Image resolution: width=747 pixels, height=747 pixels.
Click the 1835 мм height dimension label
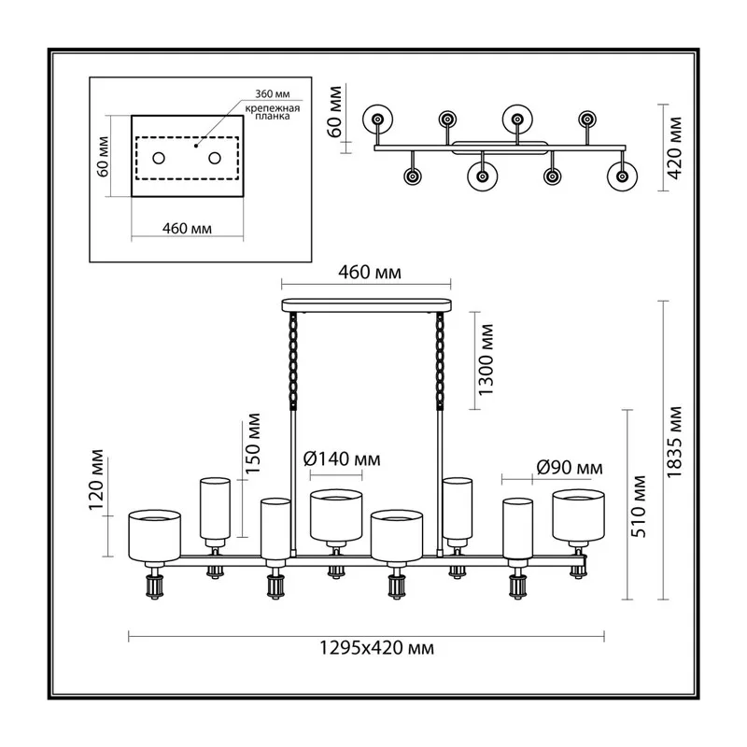(674, 442)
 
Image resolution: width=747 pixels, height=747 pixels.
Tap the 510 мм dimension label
(639, 506)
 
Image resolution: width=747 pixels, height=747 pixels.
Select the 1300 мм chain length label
(486, 359)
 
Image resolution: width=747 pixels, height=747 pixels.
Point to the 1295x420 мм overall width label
(376, 648)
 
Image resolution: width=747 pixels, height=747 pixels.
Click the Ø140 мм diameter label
(342, 458)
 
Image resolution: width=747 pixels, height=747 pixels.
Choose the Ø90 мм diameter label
(570, 468)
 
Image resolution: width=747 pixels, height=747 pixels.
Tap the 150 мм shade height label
(253, 443)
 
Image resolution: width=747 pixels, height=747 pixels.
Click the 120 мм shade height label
(96, 480)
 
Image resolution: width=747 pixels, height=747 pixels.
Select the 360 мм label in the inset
(273, 94)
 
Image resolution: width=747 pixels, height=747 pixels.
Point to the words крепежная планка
(273, 112)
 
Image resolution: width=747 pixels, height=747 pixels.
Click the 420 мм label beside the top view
(674, 148)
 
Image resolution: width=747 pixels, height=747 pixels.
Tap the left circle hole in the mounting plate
(159, 158)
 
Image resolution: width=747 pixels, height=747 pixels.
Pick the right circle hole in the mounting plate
(215, 158)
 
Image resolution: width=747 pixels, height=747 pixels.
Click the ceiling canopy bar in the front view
(366, 305)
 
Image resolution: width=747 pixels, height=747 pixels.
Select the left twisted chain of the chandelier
(293, 360)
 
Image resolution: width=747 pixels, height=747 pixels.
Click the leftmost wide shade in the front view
(154, 535)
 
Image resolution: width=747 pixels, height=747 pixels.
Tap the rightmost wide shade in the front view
(578, 515)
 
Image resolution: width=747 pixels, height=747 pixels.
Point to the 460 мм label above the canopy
(370, 272)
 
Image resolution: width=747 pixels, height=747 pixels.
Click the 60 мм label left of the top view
(334, 111)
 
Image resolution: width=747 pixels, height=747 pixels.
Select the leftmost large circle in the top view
(378, 120)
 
